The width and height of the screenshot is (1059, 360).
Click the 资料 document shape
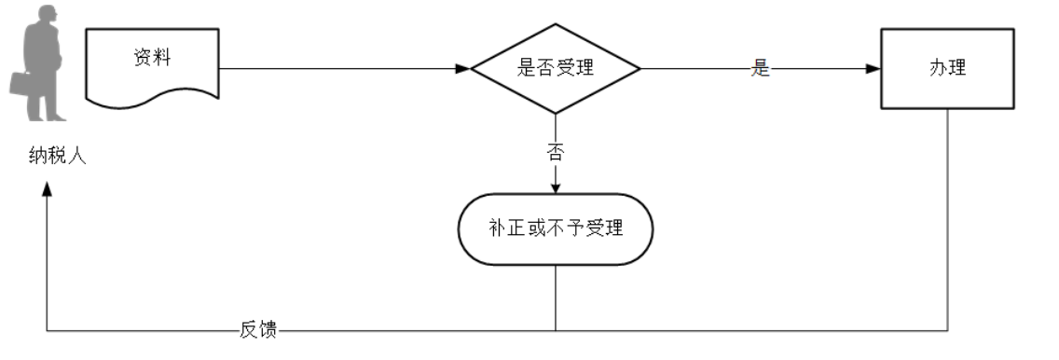click(x=153, y=65)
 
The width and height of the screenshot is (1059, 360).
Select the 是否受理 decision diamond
click(x=556, y=68)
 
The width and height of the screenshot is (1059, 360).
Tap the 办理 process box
click(x=946, y=69)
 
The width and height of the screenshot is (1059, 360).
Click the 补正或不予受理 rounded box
click(x=556, y=228)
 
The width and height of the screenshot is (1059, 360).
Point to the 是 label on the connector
click(x=761, y=69)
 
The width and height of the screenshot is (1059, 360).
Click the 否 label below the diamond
click(x=556, y=152)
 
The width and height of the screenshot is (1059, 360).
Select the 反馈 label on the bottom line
click(x=261, y=329)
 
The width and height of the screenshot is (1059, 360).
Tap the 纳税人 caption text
click(x=58, y=156)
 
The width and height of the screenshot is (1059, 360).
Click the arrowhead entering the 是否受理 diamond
click(x=463, y=69)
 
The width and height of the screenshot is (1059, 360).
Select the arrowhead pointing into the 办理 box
click(x=873, y=69)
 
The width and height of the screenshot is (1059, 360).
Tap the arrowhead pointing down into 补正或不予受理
click(x=556, y=187)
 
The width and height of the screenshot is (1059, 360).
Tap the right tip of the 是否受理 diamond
click(x=640, y=69)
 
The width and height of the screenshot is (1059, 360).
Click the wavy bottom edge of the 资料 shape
click(x=153, y=98)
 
